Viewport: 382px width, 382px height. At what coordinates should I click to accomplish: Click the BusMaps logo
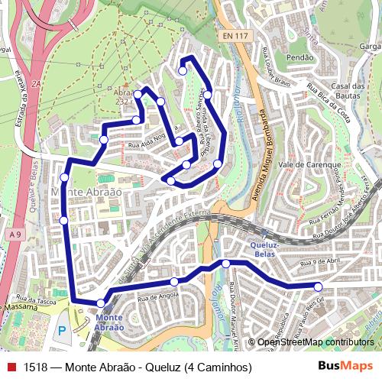click(345, 367)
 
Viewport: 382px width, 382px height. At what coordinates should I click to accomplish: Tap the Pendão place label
click(299, 57)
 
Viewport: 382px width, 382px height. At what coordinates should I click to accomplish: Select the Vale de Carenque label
click(306, 164)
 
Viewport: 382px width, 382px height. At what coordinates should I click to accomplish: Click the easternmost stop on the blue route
click(319, 286)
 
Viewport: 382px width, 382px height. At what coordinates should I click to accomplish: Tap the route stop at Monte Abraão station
click(101, 303)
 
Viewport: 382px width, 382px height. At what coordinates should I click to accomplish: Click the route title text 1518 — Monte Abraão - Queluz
click(138, 367)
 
